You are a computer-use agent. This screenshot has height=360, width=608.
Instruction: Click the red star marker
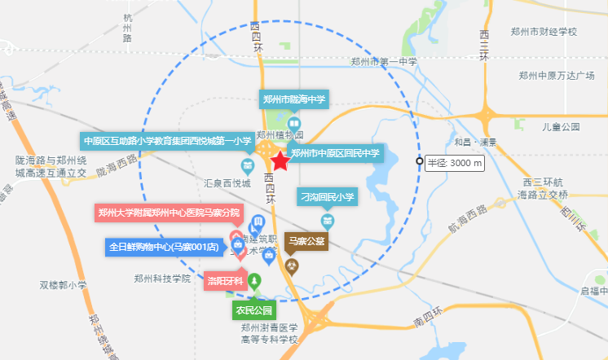tap(280, 162)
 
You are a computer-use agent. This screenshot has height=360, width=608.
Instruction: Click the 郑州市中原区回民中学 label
tap(336, 152)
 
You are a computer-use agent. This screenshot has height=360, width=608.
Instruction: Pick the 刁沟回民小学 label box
tap(328, 197)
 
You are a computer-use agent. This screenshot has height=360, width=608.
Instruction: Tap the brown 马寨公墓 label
tap(306, 241)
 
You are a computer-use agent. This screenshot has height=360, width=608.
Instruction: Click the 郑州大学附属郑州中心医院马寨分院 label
tap(169, 213)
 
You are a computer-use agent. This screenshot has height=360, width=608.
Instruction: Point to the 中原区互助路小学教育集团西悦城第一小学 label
tap(169, 141)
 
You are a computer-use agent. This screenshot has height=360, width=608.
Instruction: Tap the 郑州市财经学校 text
tap(544, 32)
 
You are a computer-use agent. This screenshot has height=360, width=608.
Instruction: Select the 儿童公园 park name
tap(561, 127)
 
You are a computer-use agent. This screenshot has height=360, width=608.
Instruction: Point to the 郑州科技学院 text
tap(162, 279)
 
